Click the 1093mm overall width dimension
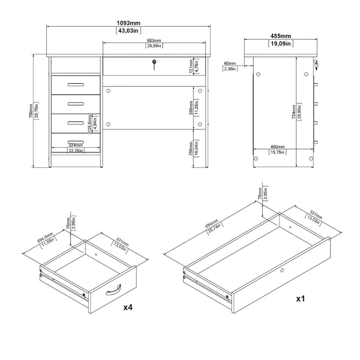129,22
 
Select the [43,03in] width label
129,31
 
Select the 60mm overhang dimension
229,63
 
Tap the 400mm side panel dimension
278,147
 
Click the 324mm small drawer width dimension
75,145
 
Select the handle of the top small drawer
75,84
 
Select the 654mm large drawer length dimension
211,225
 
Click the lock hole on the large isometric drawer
282,270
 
